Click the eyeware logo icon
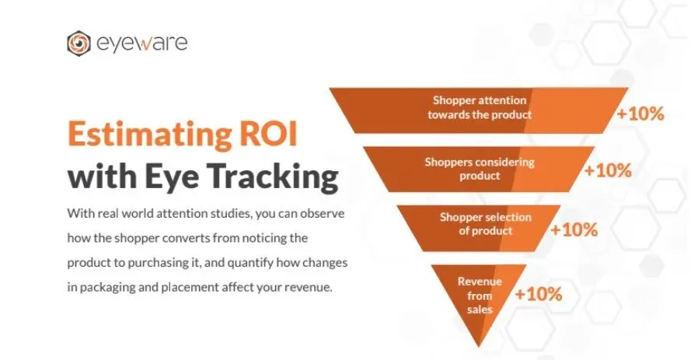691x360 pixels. click(x=79, y=42)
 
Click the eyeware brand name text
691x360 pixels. click(x=141, y=42)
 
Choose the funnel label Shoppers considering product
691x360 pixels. click(x=479, y=169)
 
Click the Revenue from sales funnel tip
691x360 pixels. click(x=479, y=295)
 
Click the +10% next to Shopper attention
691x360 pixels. click(x=640, y=114)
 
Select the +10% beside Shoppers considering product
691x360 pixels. click(x=608, y=171)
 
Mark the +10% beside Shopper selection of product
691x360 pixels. click(x=574, y=230)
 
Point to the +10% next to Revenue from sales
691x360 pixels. click(x=538, y=295)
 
